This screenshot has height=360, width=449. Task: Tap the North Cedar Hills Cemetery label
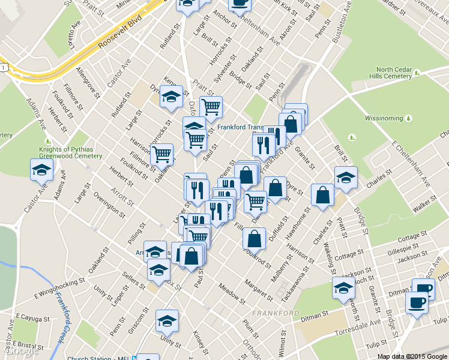387,73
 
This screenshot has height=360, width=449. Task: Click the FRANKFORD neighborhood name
276,313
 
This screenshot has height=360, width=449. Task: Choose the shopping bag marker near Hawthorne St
322,194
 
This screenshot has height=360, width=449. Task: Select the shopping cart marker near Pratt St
211,107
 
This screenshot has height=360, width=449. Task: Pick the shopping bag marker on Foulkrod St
254,238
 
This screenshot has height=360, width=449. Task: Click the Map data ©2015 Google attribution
412,356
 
